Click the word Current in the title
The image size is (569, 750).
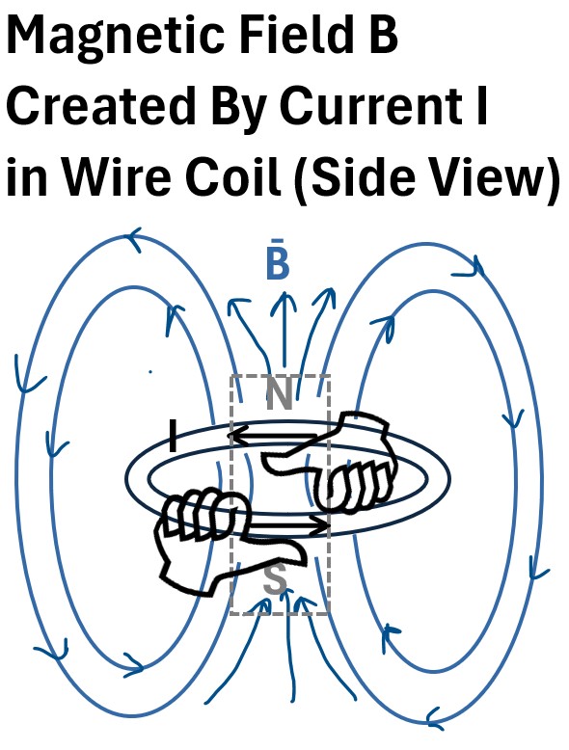click(x=365, y=105)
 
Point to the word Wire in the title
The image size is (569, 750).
click(x=116, y=175)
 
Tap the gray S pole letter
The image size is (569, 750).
click(x=275, y=579)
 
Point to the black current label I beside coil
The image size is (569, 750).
click(x=174, y=436)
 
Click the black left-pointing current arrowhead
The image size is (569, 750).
click(x=238, y=436)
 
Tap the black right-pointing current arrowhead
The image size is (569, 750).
click(x=319, y=526)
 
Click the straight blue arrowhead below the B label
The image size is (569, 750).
click(x=284, y=303)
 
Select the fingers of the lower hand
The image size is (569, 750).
click(x=201, y=513)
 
